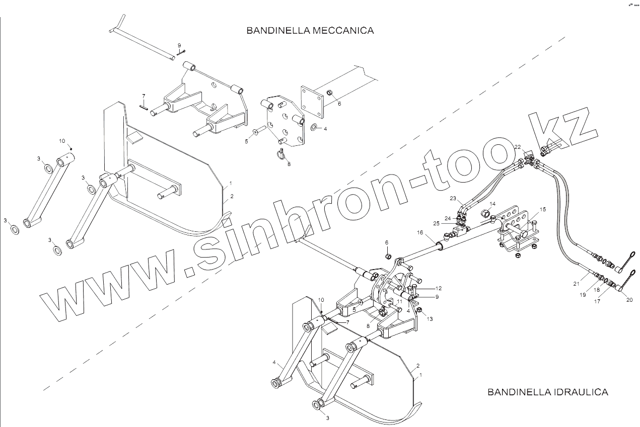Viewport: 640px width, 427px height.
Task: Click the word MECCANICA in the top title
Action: click(343, 31)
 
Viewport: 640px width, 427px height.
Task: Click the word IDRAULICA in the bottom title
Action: click(578, 392)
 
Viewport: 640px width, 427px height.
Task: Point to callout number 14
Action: click(492, 204)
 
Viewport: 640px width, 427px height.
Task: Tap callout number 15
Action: click(543, 209)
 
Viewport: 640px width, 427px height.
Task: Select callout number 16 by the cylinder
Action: click(419, 233)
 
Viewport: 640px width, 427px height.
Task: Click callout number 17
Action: click(598, 302)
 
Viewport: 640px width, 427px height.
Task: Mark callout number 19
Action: click(583, 296)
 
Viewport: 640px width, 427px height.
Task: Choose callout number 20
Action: click(629, 300)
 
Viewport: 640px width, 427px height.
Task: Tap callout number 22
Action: click(517, 146)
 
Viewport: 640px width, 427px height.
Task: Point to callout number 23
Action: click(453, 198)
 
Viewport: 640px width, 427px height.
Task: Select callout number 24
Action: click(447, 218)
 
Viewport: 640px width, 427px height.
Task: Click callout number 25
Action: click(436, 223)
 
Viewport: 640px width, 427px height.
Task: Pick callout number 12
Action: click(439, 289)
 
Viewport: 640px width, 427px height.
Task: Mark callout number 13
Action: click(430, 319)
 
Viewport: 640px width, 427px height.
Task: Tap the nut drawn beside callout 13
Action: click(419, 310)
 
